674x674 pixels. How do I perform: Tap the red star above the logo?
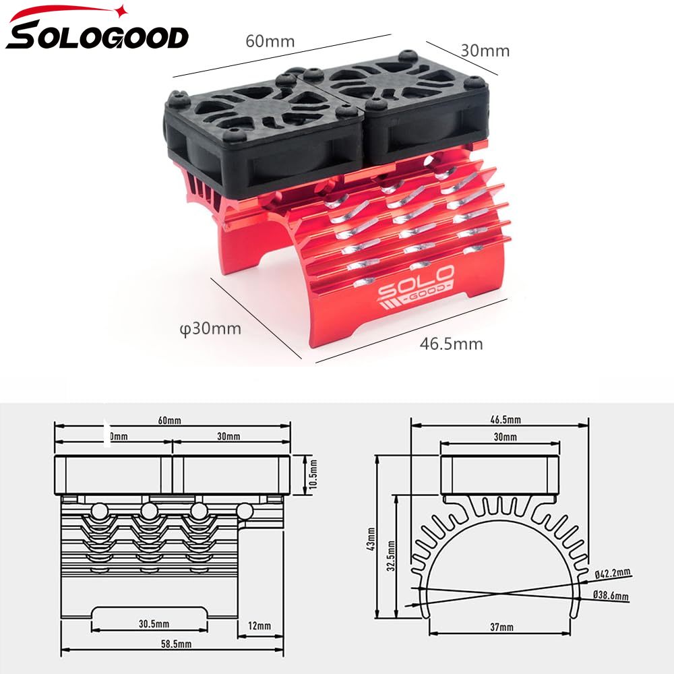click(121, 9)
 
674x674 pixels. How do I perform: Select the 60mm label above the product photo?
click(270, 41)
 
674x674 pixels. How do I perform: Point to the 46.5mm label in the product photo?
click(451, 344)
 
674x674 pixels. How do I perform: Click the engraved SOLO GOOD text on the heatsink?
click(416, 284)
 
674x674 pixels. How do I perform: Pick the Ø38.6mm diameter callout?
click(611, 596)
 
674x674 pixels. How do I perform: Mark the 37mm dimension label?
click(501, 627)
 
